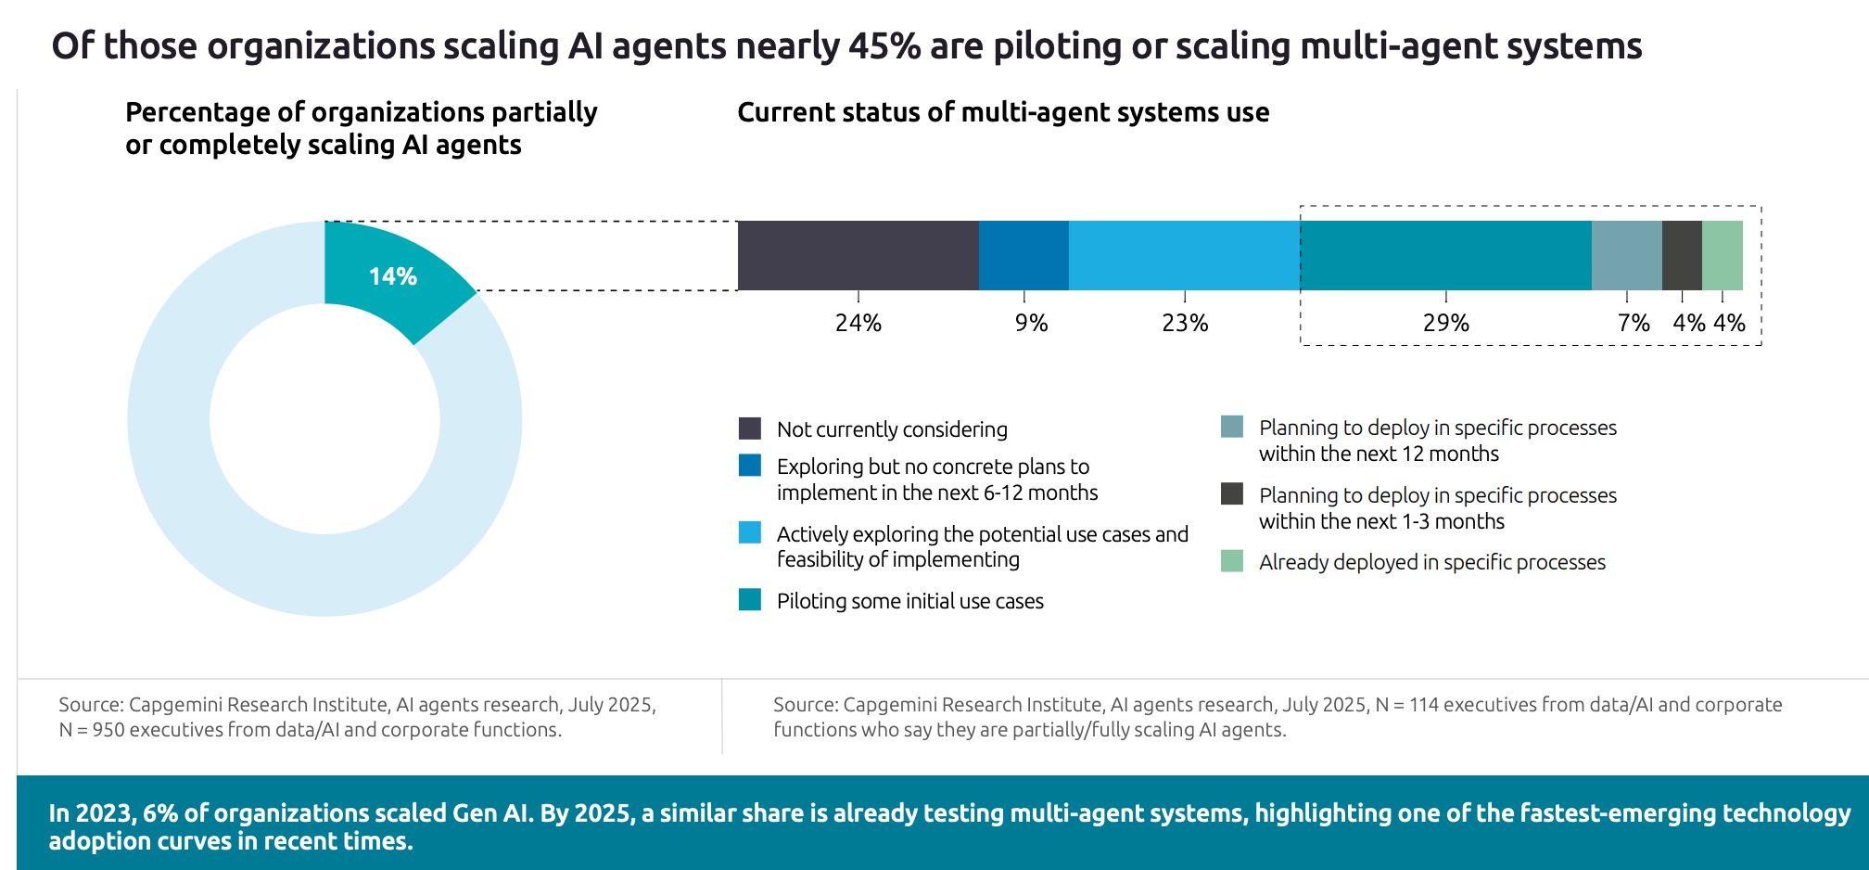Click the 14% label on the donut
(x=393, y=276)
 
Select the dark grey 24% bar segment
(x=858, y=255)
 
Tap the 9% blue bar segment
(x=1023, y=255)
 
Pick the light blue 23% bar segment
(x=1184, y=255)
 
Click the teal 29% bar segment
(x=1446, y=255)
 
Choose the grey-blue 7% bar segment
(x=1627, y=255)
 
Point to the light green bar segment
(x=1723, y=255)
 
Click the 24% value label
(x=858, y=323)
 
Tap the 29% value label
(x=1446, y=323)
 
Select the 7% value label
(x=1634, y=323)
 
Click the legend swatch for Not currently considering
(x=750, y=429)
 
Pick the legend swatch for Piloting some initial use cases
(x=750, y=600)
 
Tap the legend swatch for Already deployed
(x=1232, y=561)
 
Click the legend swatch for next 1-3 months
(x=1232, y=494)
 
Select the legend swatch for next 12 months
(x=1232, y=427)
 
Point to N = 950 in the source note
(x=92, y=730)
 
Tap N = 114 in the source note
(x=1406, y=705)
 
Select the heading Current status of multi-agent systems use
(x=1003, y=112)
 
